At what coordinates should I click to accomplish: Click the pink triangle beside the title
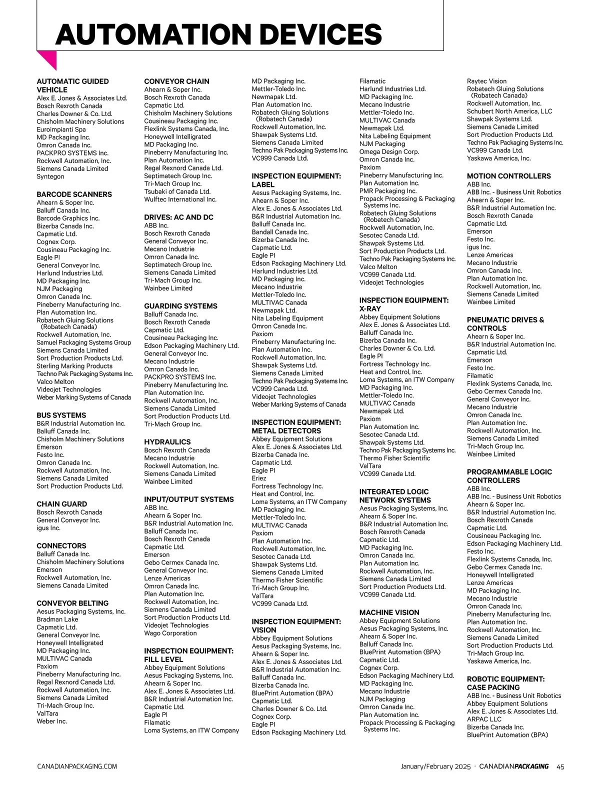click(48, 59)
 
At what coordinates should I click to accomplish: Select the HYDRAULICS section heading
click(167, 442)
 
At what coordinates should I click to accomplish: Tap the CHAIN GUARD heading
click(61, 504)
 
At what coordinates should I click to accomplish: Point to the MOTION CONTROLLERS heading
click(508, 176)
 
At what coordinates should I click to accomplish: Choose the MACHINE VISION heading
click(389, 612)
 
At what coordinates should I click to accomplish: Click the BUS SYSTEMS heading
click(61, 415)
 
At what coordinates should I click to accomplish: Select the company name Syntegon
click(50, 176)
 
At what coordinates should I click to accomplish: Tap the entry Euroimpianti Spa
click(61, 129)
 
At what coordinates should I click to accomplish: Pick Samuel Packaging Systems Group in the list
click(83, 342)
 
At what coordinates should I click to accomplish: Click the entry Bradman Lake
click(57, 619)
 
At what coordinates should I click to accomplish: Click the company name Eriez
click(259, 478)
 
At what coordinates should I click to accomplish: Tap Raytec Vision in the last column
click(486, 81)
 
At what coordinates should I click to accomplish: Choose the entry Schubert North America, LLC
click(509, 111)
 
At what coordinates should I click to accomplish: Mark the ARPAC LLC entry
click(484, 719)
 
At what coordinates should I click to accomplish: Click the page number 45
click(560, 766)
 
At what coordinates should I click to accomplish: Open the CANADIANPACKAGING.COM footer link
click(77, 766)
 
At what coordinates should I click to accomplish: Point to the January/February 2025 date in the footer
click(435, 766)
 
